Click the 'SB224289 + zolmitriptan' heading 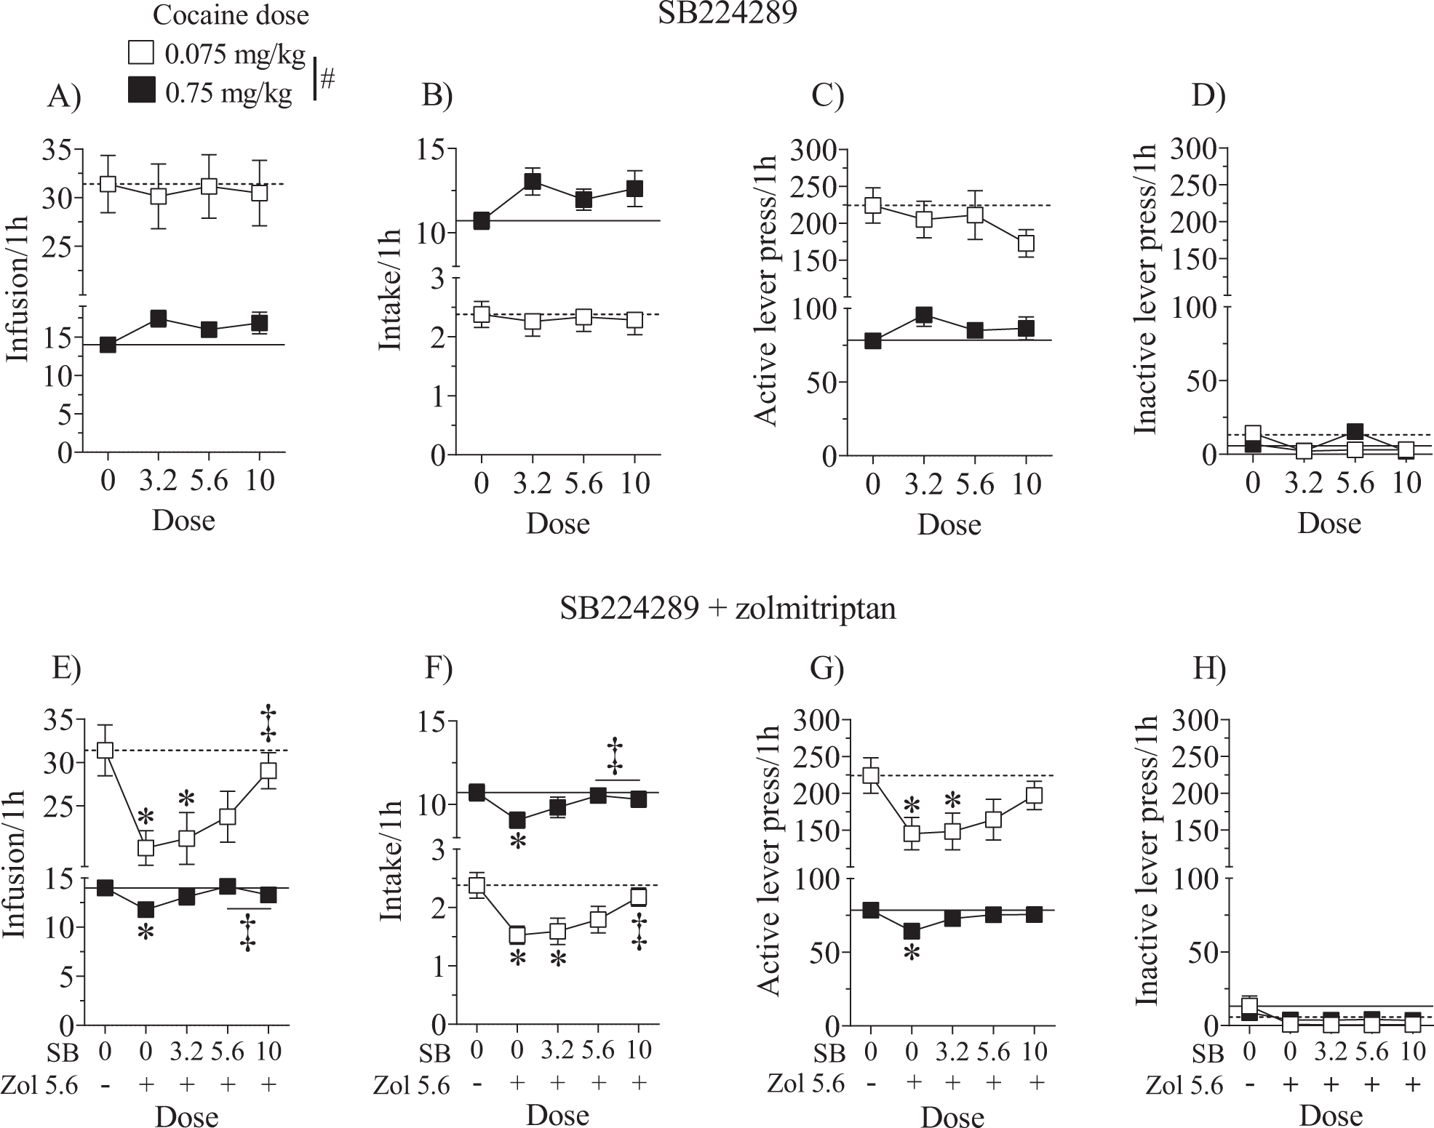pos(727,608)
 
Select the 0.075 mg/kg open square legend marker pos(140,53)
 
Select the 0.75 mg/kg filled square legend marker pos(140,92)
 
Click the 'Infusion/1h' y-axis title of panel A pos(19,289)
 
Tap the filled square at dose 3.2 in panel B pos(533,182)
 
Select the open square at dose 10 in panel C pos(1026,243)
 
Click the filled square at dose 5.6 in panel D pos(1354,432)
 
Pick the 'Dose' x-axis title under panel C pos(949,524)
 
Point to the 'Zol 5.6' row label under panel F pos(411,1086)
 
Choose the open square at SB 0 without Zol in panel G pos(870,776)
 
